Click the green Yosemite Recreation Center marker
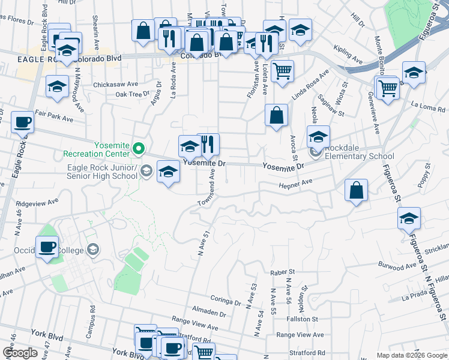(x=139, y=147)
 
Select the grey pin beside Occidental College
(x=92, y=248)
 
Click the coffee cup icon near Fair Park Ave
(x=23, y=122)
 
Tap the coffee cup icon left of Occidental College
(x=47, y=247)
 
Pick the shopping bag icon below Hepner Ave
(x=357, y=191)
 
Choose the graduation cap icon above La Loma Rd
(x=414, y=73)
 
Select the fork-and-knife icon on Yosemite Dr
(x=208, y=145)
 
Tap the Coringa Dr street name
(x=225, y=299)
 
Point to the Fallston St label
(x=302, y=319)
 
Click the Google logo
(x=20, y=353)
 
